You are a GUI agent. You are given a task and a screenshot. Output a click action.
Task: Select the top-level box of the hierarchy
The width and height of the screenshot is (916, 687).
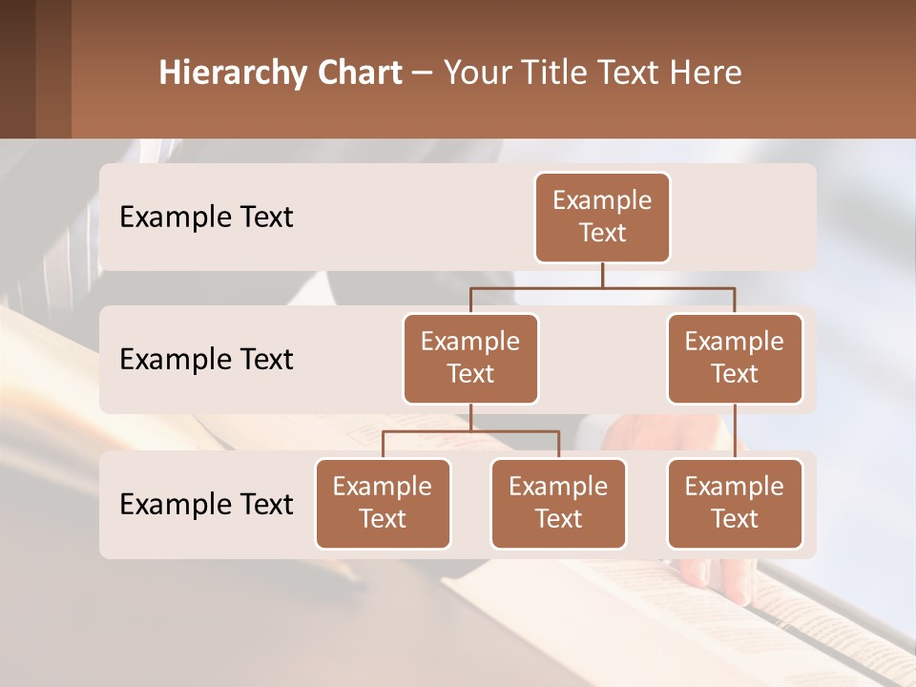tap(602, 218)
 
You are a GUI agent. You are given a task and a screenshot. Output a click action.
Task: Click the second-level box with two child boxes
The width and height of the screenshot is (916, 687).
tap(470, 359)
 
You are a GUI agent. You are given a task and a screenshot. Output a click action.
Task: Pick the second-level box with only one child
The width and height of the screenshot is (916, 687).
tap(735, 359)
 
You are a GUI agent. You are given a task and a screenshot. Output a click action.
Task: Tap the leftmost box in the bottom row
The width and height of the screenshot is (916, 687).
tap(383, 504)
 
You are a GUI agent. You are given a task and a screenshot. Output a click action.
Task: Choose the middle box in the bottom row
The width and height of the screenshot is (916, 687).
tap(558, 504)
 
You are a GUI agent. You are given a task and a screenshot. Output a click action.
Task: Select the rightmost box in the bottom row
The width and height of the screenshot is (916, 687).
tap(735, 504)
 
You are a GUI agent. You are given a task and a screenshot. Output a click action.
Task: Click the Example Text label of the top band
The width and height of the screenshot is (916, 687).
tap(206, 218)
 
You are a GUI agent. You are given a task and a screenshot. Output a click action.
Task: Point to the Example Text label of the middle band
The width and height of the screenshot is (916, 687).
tap(206, 360)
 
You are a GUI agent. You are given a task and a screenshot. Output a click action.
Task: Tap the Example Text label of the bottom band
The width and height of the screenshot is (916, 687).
tap(206, 505)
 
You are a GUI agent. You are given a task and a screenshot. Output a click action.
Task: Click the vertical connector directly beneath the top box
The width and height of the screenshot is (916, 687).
tap(602, 275)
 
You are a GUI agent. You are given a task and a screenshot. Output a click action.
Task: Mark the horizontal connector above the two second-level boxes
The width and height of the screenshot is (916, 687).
tap(602, 287)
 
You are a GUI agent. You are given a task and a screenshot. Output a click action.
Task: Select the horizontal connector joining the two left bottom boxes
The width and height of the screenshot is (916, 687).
tap(470, 431)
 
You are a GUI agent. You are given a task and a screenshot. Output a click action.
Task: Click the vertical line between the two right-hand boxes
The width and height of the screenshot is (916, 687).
tap(735, 431)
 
